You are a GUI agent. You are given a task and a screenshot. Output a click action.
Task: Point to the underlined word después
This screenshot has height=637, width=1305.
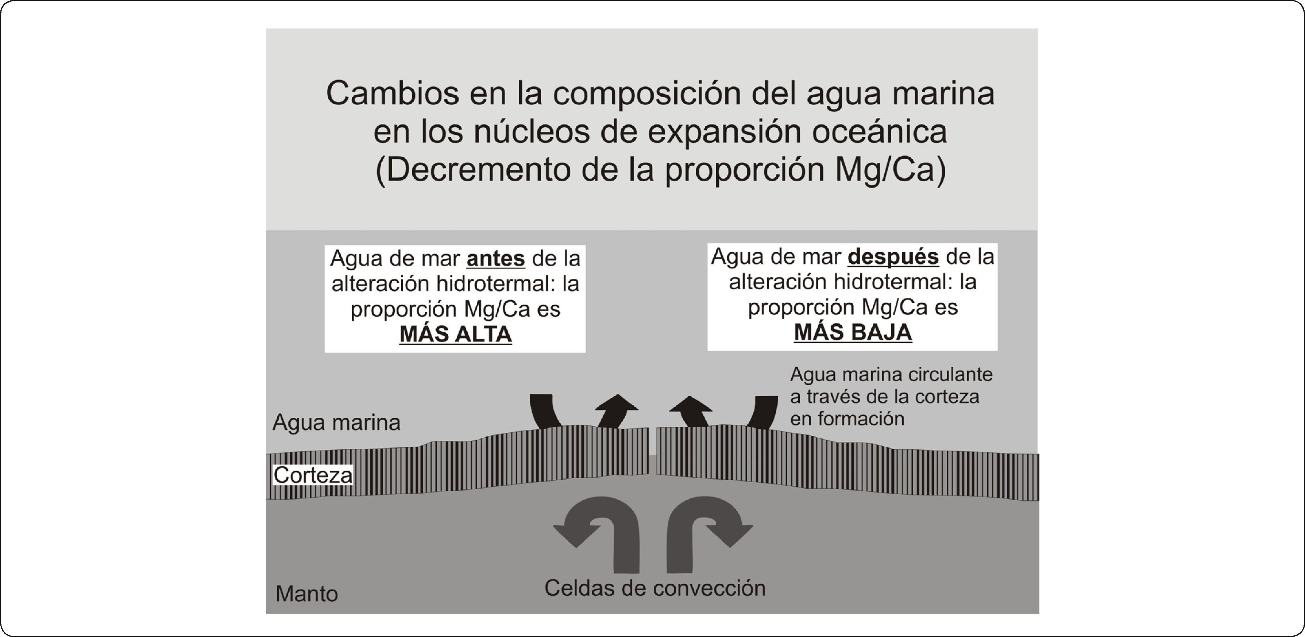coord(893,257)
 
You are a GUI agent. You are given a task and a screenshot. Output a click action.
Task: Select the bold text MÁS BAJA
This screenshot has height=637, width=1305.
coord(853,332)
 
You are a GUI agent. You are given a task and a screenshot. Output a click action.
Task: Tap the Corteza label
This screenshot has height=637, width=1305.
coord(313,475)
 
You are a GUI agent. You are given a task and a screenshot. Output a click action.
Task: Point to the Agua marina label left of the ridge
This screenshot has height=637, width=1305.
coord(336,422)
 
